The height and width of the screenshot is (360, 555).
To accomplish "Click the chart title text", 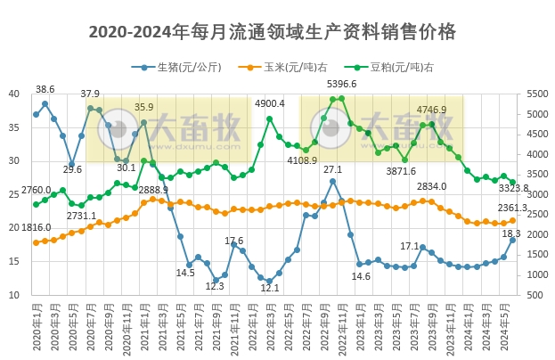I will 273,32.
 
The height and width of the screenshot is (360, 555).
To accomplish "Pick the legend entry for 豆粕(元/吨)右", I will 400,67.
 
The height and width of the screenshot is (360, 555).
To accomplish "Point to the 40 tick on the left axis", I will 14,94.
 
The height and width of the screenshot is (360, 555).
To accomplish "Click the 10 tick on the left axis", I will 14,295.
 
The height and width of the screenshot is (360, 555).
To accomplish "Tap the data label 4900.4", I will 270,103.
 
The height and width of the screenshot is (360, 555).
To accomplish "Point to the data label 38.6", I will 45,89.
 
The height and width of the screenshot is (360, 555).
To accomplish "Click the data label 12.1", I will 270,288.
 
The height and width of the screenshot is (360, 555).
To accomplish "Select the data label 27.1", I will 332,169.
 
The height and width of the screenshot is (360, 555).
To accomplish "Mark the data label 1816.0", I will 37,227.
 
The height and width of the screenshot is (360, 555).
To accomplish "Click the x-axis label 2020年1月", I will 36,330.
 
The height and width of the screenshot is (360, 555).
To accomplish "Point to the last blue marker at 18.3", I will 512,240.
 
